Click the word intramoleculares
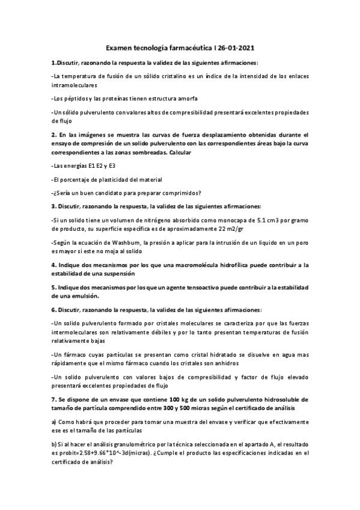pos(74,85)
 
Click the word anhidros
pos(227,364)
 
